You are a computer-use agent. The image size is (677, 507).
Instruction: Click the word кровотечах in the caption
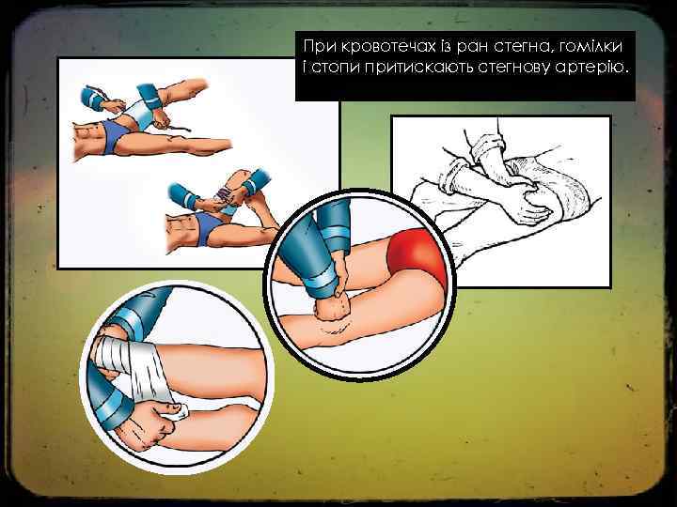pyautogui.click(x=389, y=46)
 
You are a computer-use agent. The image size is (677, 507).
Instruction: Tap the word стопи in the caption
pyautogui.click(x=336, y=69)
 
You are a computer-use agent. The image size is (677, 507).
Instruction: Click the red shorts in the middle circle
pyautogui.click(x=417, y=255)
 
